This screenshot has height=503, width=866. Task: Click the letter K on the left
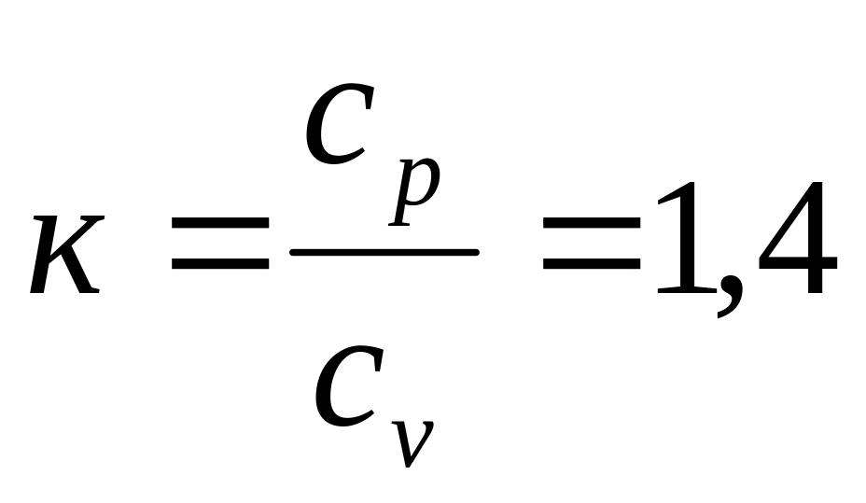(65, 254)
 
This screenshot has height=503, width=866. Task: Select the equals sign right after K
(219, 252)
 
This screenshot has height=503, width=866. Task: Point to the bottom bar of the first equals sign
(219, 268)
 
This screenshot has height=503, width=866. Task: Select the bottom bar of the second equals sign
(591, 268)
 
